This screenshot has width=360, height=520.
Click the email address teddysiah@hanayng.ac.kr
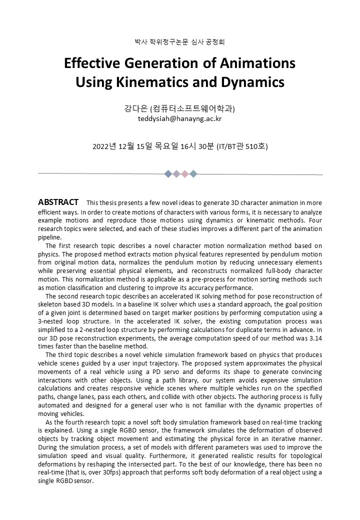click(x=179, y=119)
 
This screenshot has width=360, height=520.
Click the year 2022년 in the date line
click(x=104, y=146)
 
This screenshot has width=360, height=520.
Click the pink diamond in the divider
click(x=184, y=174)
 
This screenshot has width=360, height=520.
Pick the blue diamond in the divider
click(x=168, y=174)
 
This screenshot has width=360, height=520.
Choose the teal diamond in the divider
click(x=193, y=174)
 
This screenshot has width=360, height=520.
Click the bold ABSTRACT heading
click(x=58, y=202)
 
